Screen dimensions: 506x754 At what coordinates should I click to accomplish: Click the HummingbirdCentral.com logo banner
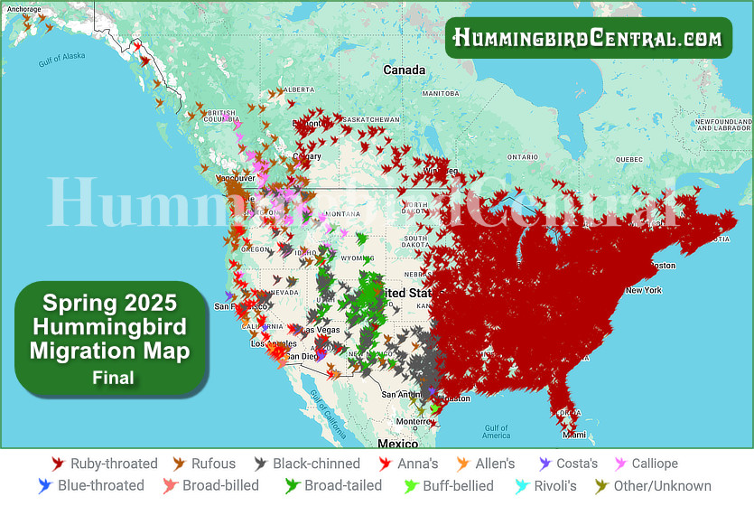coord(587,37)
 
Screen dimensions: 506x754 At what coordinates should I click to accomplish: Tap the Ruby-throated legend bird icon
coord(58,464)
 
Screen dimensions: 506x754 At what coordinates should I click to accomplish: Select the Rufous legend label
coord(213,464)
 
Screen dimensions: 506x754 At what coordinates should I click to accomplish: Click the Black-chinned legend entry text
coord(316,464)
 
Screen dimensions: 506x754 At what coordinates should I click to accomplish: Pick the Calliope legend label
coord(656,464)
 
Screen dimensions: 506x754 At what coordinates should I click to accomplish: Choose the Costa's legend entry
coord(577,464)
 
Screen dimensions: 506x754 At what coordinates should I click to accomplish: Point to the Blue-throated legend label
coord(100,486)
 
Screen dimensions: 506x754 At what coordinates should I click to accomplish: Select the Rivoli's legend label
coord(555,486)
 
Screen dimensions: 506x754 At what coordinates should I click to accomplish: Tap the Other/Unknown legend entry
coord(662,486)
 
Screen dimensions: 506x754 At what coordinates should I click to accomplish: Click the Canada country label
coord(404,70)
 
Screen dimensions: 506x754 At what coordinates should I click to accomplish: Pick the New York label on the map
coord(644,290)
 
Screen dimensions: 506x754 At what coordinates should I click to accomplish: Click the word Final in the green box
coord(113,377)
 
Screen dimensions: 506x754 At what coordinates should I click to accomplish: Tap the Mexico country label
coord(397,444)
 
